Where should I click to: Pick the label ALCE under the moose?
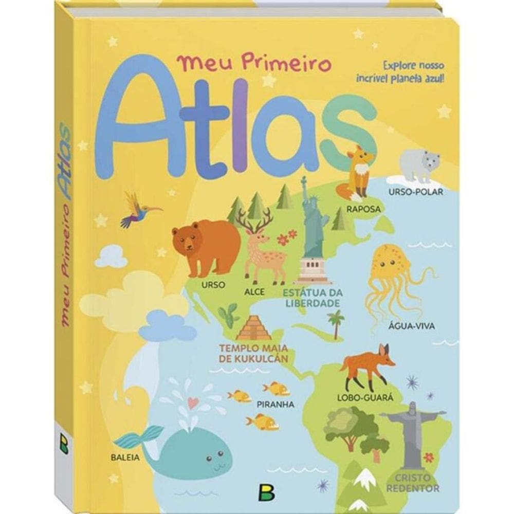click(255, 291)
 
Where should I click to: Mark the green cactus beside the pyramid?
click(228, 315)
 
